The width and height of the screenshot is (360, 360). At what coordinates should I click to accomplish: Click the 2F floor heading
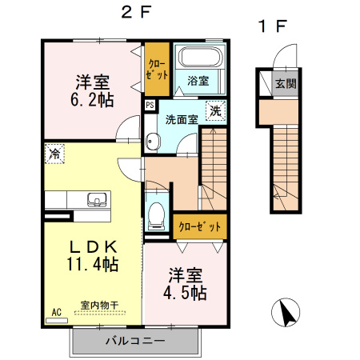pos(136,14)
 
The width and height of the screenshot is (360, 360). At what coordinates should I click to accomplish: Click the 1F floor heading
pos(272,26)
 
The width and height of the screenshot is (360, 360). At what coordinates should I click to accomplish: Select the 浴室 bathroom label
pos(198,81)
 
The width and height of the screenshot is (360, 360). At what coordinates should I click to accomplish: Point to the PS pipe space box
pos(150,104)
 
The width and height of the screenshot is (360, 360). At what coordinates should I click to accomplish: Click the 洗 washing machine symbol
pos(215,111)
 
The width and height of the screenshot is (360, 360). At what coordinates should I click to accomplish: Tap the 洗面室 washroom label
pos(182,120)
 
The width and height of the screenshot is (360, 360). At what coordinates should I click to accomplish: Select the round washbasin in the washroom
pos(153,142)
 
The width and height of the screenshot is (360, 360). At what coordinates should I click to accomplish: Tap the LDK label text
pos(92,246)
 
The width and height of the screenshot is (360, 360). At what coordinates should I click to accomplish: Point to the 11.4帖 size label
pos(92,264)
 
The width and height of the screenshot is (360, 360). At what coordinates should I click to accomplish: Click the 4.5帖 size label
pos(184,292)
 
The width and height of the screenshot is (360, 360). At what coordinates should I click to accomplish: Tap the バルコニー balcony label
pos(135,341)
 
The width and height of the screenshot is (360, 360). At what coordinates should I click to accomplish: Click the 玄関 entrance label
pos(286,83)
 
